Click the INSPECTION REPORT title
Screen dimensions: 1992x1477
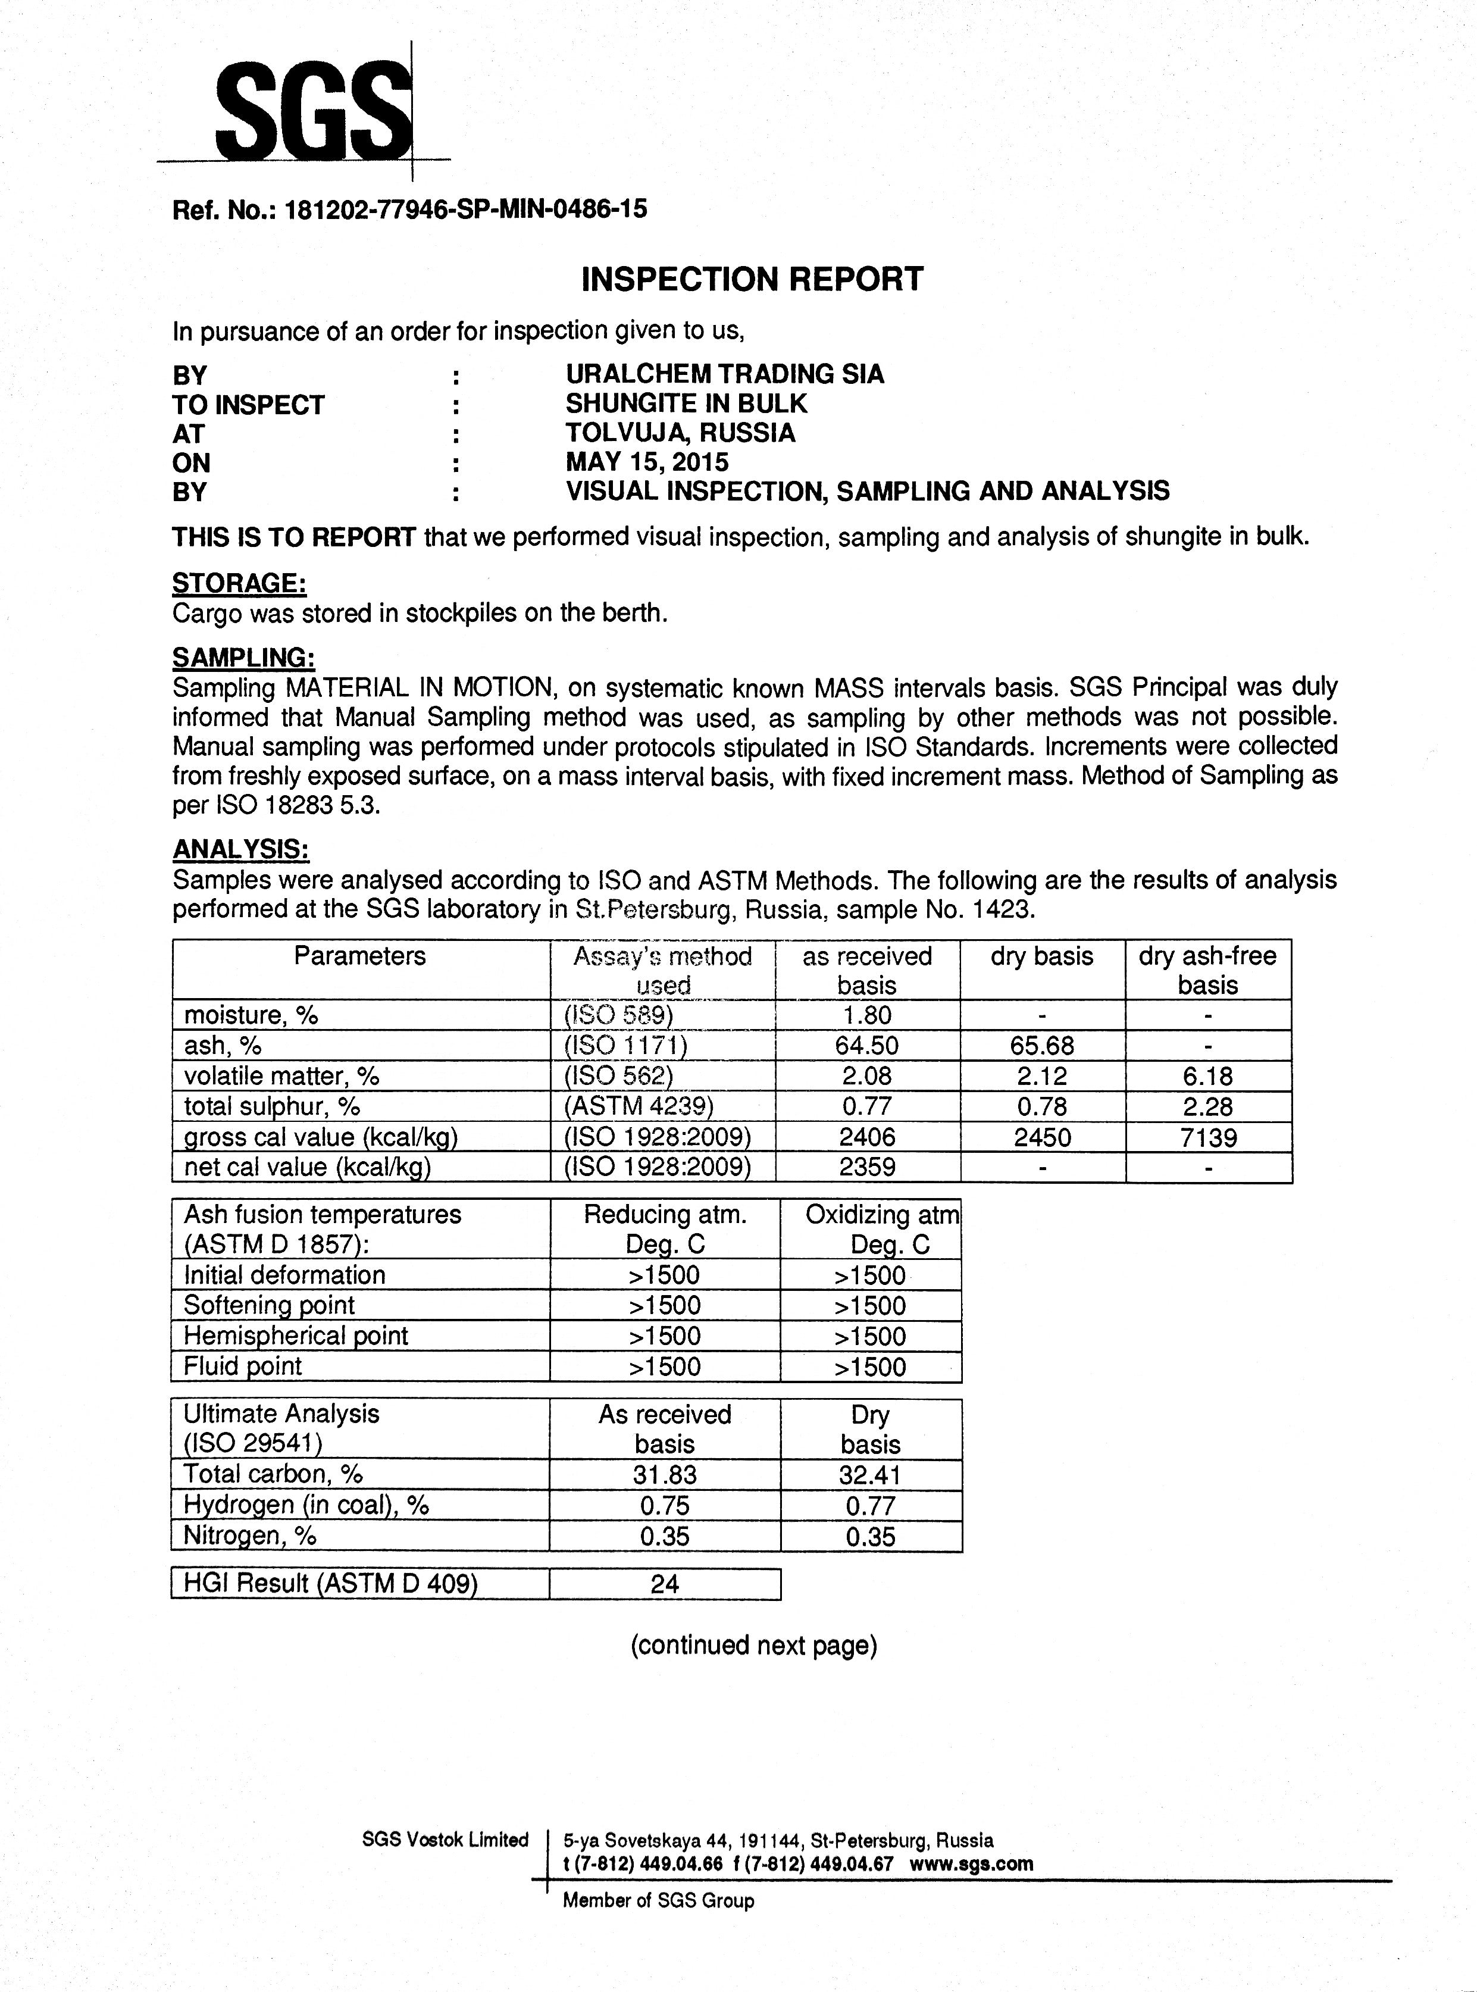[752, 279]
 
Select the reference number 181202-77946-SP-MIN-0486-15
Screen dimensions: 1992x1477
[465, 209]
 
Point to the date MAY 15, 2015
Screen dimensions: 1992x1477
[646, 462]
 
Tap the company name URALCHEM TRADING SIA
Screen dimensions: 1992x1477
[725, 374]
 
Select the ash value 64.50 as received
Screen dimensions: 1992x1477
[866, 1045]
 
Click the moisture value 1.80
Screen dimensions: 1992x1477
[866, 1015]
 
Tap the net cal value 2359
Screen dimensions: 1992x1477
[866, 1167]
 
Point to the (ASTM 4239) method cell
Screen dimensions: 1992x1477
[639, 1107]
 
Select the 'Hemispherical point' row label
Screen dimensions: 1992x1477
[295, 1336]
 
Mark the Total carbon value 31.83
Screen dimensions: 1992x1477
[664, 1474]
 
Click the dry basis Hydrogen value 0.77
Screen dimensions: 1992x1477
[870, 1506]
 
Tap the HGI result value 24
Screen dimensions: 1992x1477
[664, 1584]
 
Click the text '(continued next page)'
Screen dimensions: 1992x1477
[754, 1645]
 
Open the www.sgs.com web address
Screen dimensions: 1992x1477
[971, 1864]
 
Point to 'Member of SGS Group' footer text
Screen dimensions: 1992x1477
[658, 1901]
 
